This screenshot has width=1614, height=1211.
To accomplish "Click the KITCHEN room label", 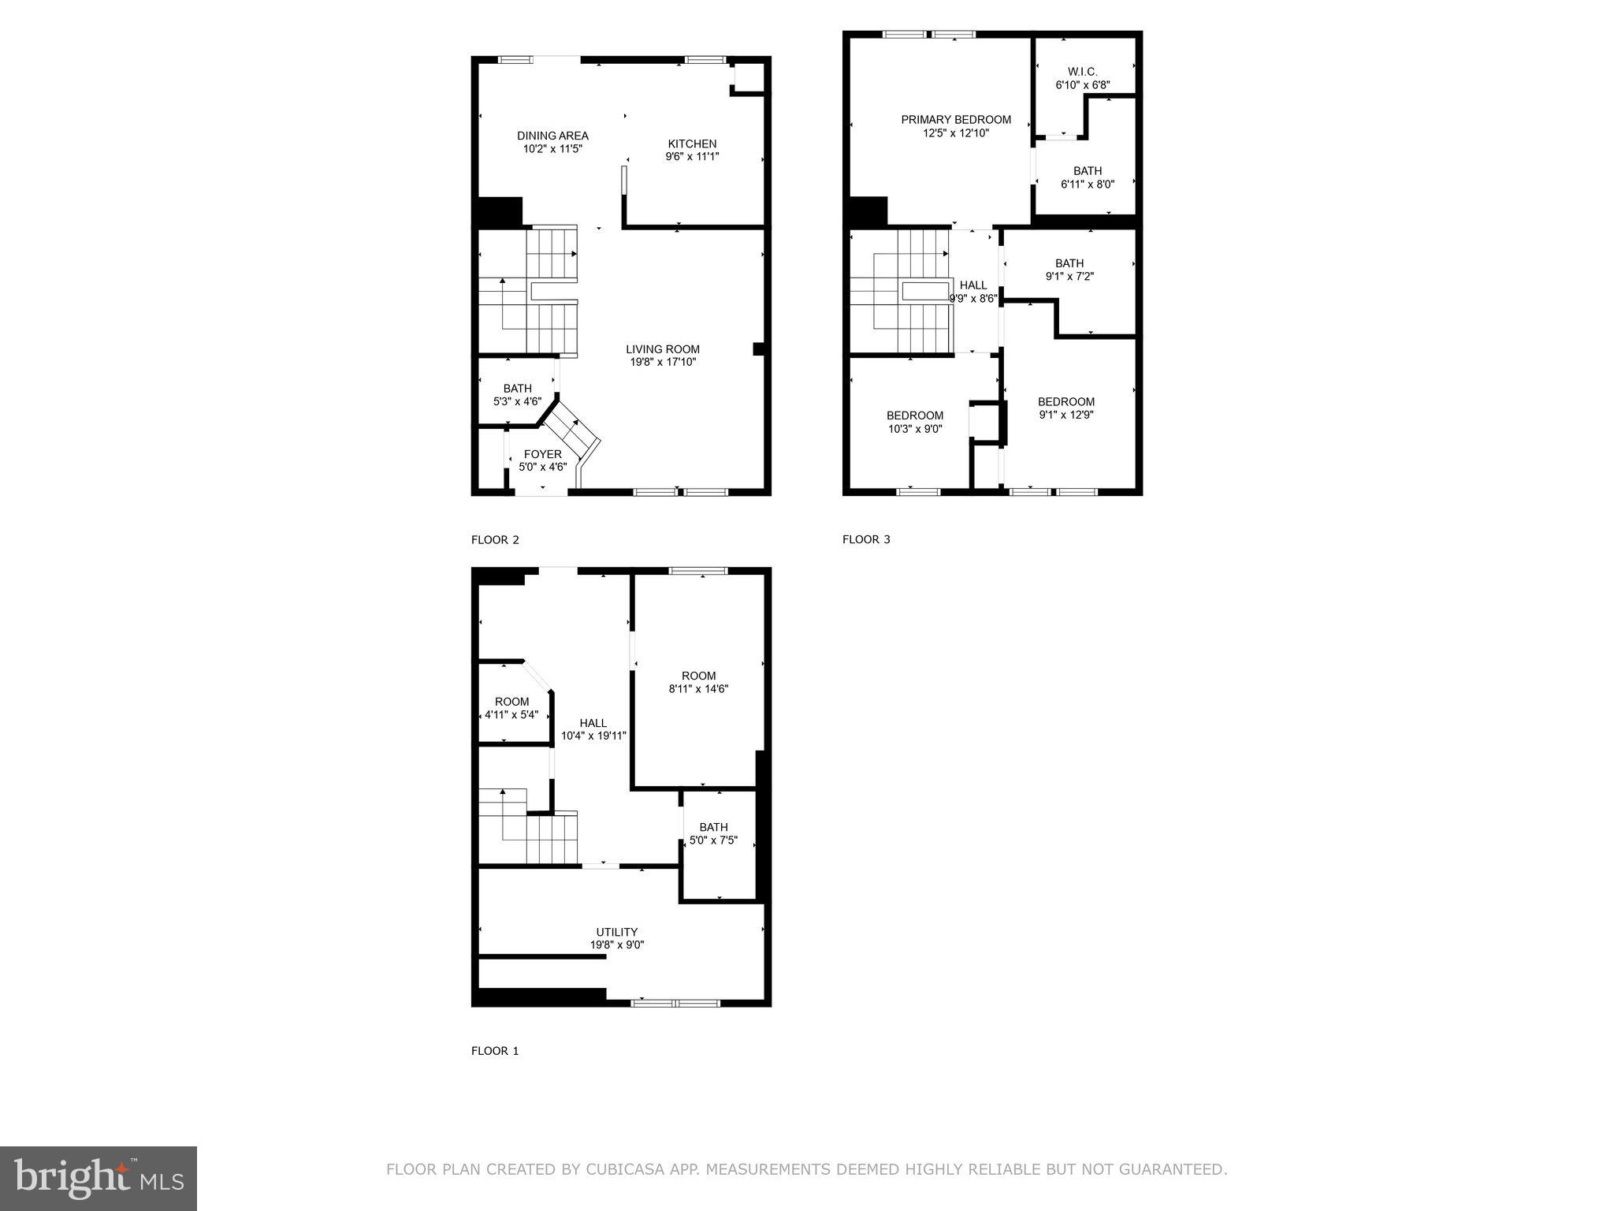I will [692, 143].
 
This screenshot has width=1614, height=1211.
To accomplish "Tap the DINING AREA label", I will [552, 136].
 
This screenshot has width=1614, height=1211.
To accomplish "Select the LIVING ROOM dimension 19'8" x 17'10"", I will [663, 363].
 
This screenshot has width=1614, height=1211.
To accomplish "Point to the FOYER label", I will [543, 454].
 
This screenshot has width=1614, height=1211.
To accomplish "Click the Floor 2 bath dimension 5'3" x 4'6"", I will [517, 401].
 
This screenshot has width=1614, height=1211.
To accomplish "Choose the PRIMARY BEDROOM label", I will [956, 120].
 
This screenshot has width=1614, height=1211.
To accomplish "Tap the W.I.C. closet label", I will [1082, 72].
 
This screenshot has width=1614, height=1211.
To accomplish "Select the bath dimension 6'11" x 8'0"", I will [1088, 184].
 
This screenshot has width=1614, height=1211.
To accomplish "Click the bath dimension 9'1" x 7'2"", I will [1069, 277].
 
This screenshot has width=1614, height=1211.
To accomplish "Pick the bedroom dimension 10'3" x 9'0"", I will [915, 429].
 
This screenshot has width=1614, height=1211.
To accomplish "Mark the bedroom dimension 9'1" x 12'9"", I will [1066, 415].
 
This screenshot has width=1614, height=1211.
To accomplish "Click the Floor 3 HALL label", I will [973, 285].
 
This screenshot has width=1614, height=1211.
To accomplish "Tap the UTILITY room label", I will [616, 932].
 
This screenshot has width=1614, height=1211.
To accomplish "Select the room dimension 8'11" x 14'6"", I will [698, 688].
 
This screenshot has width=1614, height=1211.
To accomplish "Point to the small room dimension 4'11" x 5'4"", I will [511, 715].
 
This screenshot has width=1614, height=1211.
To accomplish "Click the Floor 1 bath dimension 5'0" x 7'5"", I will [713, 840].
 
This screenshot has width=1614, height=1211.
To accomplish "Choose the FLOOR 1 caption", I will [495, 1051].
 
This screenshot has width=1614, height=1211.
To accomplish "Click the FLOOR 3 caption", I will [866, 539].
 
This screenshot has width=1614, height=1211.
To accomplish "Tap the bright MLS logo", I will [98, 1178].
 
